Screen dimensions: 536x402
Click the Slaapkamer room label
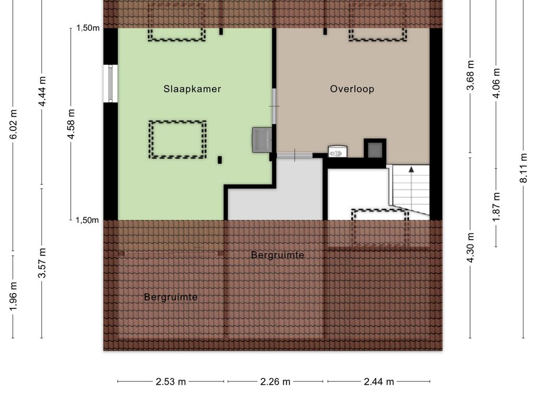[192, 89]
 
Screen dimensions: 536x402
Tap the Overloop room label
[352, 89]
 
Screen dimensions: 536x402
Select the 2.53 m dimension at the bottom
[171, 382]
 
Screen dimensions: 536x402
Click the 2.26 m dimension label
[275, 382]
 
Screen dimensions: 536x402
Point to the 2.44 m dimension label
[379, 382]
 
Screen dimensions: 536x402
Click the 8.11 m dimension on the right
[523, 168]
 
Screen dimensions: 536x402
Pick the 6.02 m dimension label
[13, 125]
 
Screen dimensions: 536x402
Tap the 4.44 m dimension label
[42, 91]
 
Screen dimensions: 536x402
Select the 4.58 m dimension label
[71, 124]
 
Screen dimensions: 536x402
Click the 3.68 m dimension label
[471, 75]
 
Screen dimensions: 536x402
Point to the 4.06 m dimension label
[496, 83]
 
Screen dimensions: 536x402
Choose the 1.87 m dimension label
[496, 207]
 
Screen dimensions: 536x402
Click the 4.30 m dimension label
[471, 248]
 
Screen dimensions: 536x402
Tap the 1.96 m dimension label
[13, 297]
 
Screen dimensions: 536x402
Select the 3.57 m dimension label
[42, 263]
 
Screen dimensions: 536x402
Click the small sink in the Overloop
[338, 151]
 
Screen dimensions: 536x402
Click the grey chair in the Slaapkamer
[262, 140]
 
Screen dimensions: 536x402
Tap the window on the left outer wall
[110, 83]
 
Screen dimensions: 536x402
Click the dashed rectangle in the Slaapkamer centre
[177, 139]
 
